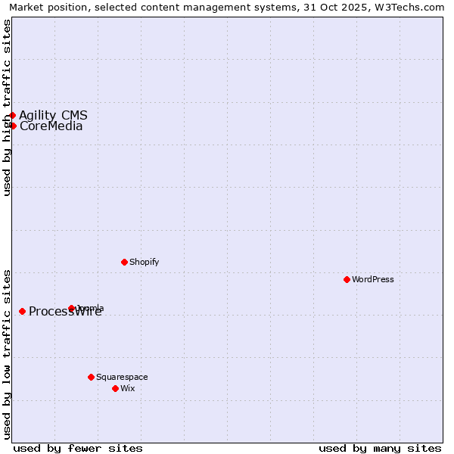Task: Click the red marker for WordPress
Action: [347, 279]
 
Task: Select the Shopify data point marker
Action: [124, 262]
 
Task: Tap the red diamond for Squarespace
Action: [91, 377]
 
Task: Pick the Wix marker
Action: [115, 388]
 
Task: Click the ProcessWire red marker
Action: [22, 311]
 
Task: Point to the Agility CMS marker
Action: [12, 115]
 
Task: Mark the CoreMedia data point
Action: [13, 126]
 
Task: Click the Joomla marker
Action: [71, 308]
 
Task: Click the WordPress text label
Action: [373, 279]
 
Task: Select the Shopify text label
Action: [145, 262]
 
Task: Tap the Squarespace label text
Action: [122, 377]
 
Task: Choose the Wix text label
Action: [128, 388]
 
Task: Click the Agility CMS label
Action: [53, 115]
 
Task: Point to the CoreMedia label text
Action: [51, 126]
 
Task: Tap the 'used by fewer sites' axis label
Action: [78, 448]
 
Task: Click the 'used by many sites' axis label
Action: [380, 448]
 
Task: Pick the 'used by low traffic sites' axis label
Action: [7, 353]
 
